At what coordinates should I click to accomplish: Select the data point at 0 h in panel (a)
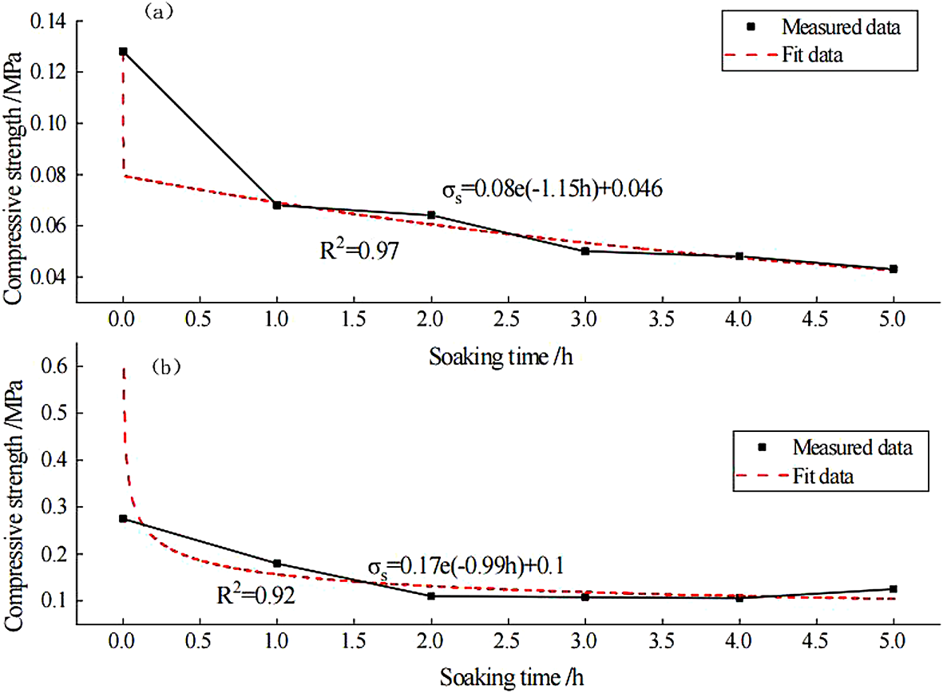click(x=123, y=51)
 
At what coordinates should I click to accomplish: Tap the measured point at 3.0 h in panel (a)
click(x=585, y=251)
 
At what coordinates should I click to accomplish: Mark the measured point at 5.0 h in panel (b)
click(x=893, y=589)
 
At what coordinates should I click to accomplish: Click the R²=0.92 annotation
click(x=255, y=596)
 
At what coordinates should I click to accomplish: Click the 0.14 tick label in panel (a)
click(x=49, y=21)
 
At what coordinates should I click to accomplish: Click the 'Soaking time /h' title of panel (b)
click(x=501, y=679)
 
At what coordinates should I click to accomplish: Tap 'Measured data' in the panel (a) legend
click(x=841, y=28)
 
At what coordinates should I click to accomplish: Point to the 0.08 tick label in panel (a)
click(x=49, y=175)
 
